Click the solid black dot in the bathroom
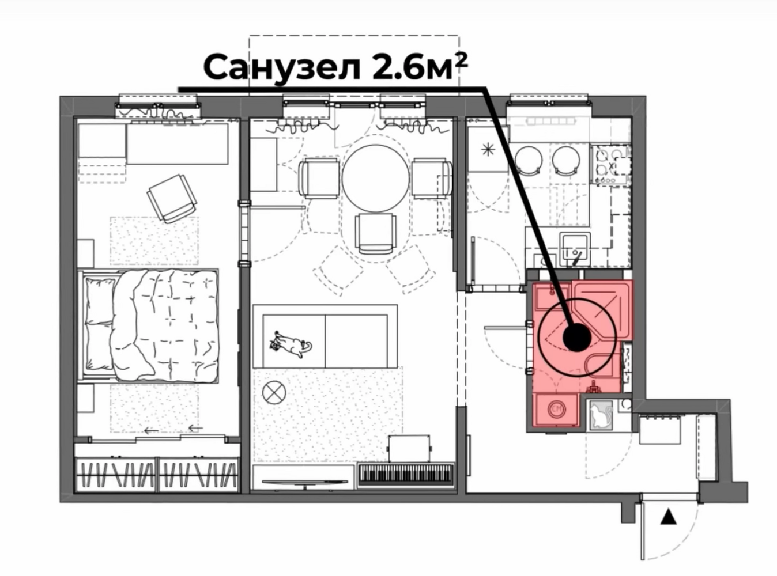tap(577, 338)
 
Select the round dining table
tap(376, 178)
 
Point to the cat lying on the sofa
tap(291, 344)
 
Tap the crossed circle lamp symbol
tap(274, 392)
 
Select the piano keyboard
tap(406, 475)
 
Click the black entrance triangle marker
tap(668, 517)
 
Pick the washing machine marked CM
tap(556, 410)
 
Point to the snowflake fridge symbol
tap(488, 150)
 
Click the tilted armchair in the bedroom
tap(171, 198)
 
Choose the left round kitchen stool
tap(529, 160)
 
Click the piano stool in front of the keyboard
tap(409, 449)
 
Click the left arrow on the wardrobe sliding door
tap(152, 431)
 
